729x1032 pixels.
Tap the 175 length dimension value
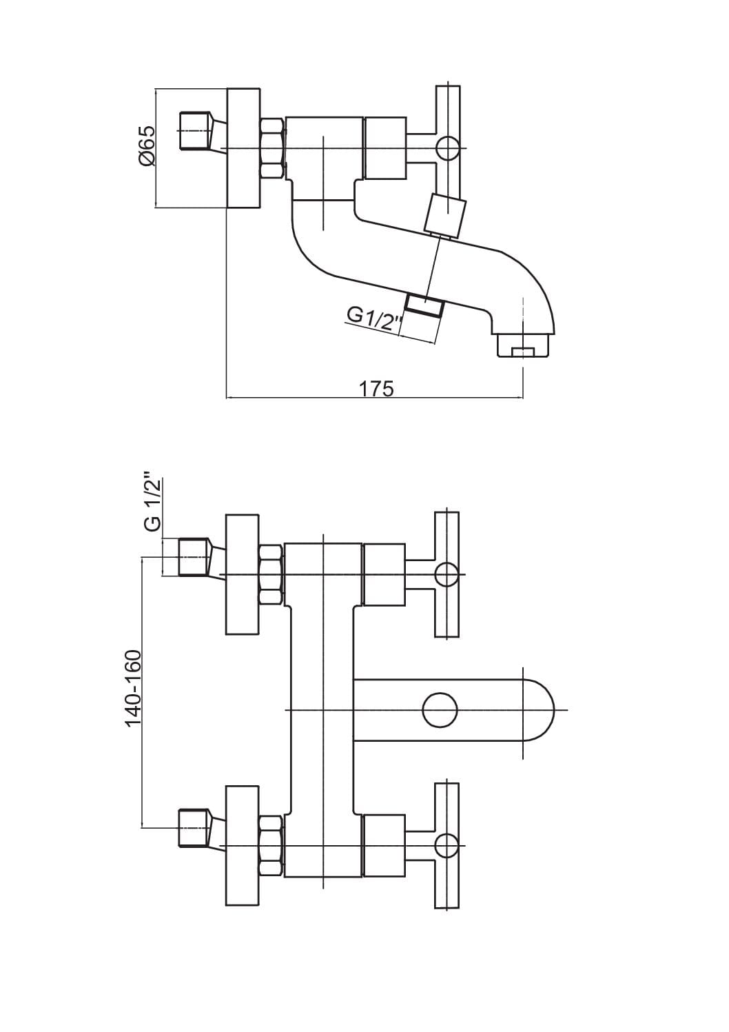(376, 388)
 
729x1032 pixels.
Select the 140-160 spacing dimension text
(133, 688)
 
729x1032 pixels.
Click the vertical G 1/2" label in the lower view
(154, 501)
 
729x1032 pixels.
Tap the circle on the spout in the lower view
(440, 710)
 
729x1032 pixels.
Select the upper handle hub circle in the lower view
(446, 574)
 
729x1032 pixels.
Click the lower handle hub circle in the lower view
(446, 845)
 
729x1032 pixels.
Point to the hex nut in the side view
(271, 148)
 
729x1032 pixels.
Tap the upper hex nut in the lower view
(271, 574)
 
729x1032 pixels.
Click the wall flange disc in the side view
(243, 148)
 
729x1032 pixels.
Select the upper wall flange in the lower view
(241, 574)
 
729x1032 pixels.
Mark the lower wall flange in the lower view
(241, 845)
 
